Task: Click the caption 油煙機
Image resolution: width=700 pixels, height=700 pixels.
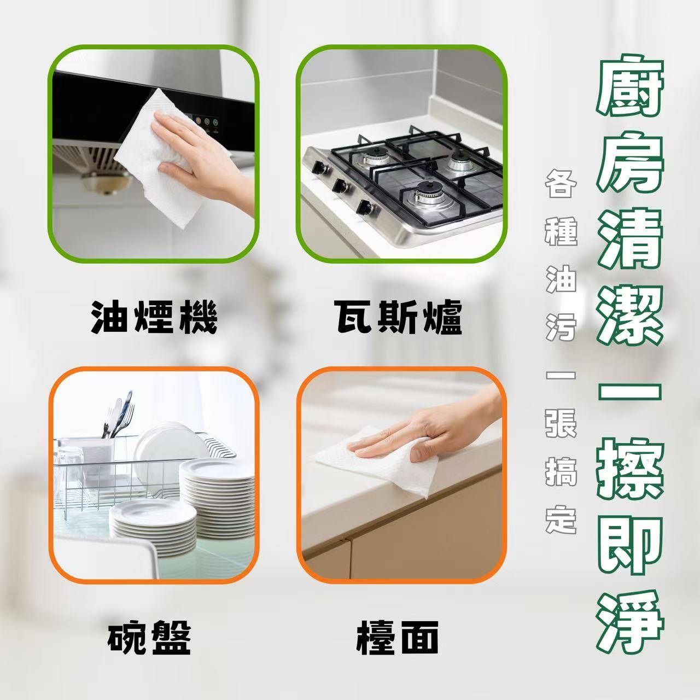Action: (x=154, y=317)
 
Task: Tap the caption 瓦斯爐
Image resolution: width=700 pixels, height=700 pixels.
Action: (x=398, y=317)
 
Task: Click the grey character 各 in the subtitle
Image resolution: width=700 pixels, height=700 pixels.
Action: (x=561, y=184)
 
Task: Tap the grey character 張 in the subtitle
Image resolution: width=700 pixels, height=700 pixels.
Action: (x=561, y=424)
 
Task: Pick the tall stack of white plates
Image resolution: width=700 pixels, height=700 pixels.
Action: (x=217, y=501)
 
